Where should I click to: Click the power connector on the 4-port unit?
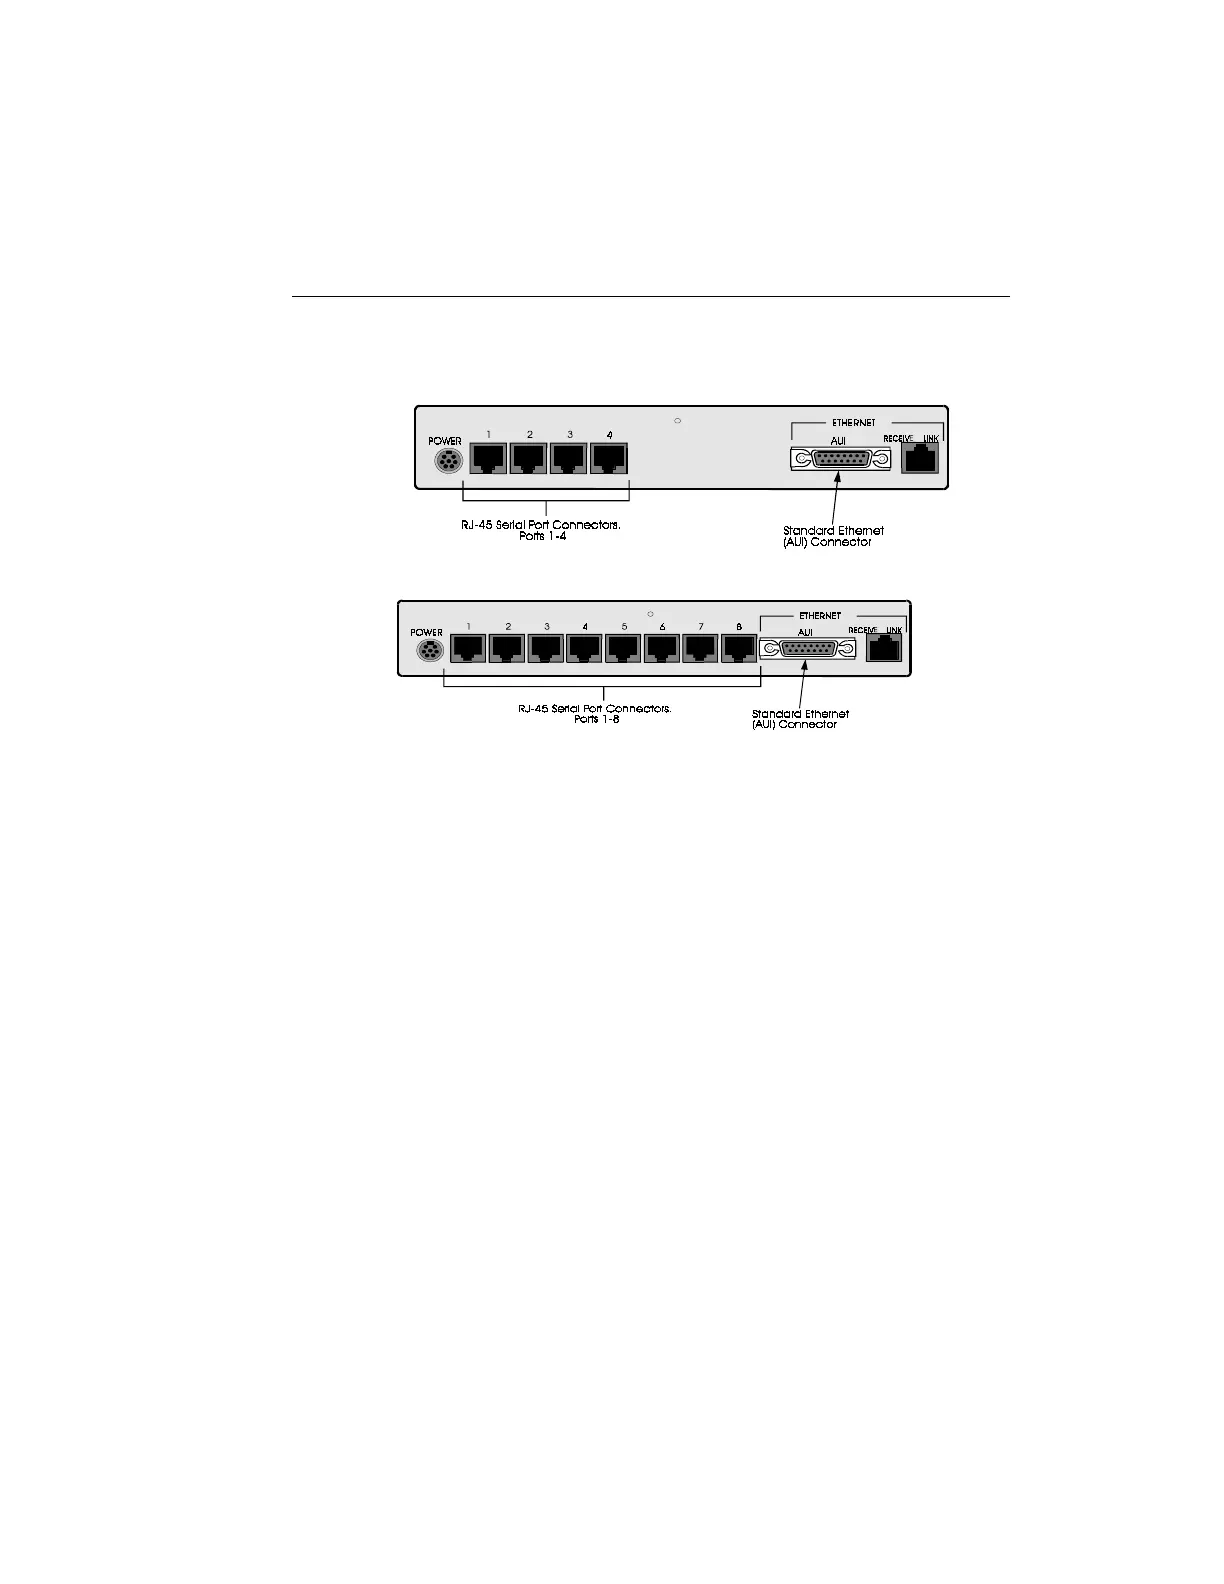449,461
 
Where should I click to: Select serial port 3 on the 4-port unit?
568,458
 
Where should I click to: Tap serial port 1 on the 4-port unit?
488,458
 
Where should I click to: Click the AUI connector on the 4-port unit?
839,459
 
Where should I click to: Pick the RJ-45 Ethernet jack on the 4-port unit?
919,458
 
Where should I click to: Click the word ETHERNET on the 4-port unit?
853,423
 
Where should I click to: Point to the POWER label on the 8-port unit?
426,633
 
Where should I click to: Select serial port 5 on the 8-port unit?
623,648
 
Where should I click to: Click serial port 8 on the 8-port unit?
739,648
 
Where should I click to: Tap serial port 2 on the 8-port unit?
507,648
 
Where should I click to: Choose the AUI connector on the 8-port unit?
807,649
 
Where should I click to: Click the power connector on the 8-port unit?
429,651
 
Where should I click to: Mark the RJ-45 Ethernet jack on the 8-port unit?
884,648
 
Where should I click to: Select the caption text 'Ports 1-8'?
596,720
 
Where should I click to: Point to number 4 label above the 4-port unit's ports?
609,435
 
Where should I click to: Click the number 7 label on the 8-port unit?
701,627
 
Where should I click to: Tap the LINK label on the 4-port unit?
931,439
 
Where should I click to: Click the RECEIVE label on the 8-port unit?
862,630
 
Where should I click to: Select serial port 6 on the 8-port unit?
662,648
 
